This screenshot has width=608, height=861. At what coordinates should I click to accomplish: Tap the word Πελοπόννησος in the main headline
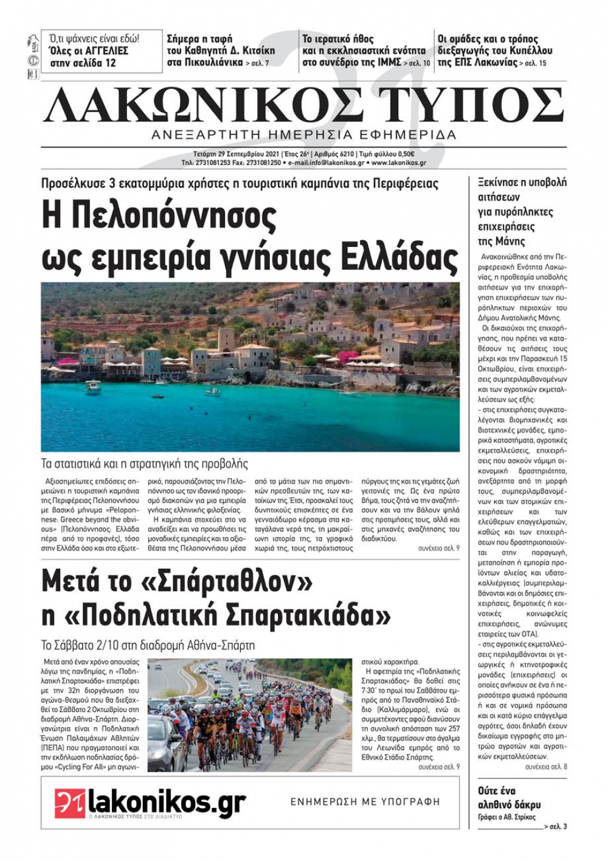pyautogui.click(x=159, y=215)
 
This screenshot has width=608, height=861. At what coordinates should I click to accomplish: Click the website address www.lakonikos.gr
pyautogui.click(x=399, y=163)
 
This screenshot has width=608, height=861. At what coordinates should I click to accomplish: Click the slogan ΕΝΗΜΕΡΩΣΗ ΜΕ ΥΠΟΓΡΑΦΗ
pyautogui.click(x=365, y=802)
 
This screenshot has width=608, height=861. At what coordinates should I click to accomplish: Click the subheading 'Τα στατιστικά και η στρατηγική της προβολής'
pyautogui.click(x=145, y=464)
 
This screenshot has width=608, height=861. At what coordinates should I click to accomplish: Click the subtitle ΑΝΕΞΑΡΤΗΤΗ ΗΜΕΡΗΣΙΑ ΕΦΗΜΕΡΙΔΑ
pyautogui.click(x=303, y=135)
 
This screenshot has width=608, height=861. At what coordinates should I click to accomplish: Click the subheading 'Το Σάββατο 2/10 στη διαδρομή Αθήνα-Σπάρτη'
pyautogui.click(x=148, y=645)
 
